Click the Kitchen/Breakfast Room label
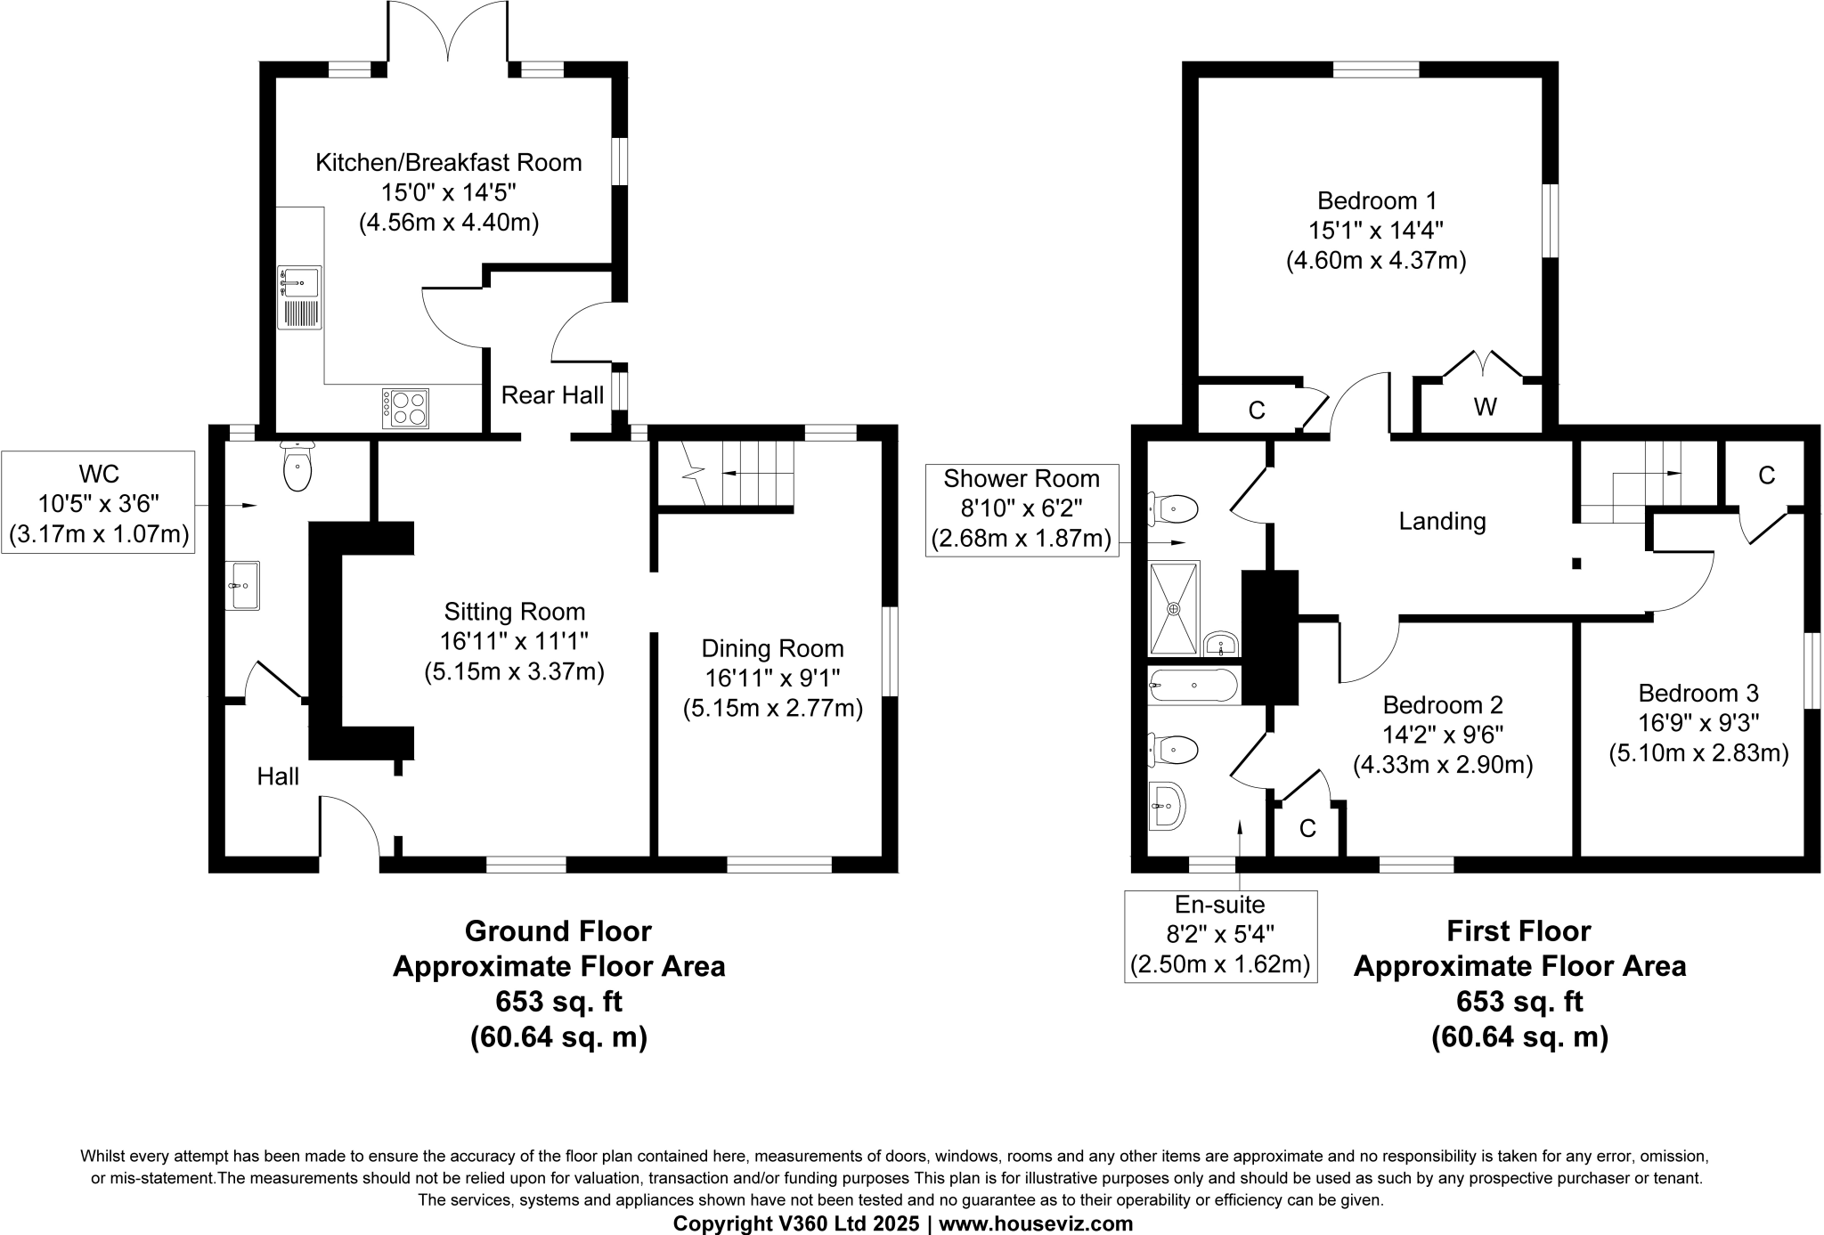coord(449,163)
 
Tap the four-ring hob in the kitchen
coord(406,408)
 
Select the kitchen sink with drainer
coord(299,297)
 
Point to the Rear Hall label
coord(552,395)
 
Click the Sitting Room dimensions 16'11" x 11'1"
coord(514,641)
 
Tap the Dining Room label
coord(772,648)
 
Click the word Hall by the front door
coord(278,776)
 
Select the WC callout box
coord(98,503)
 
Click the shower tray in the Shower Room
coord(1174,608)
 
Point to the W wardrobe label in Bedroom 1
coord(1485,407)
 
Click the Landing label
coord(1442,521)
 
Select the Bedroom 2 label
coord(1443,705)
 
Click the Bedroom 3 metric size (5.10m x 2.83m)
coord(1698,753)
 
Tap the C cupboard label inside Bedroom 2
coord(1307,829)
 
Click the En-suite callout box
coord(1220,935)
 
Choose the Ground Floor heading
coord(558,931)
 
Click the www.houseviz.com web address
coord(1036,1223)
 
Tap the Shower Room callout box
coord(1021,509)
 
